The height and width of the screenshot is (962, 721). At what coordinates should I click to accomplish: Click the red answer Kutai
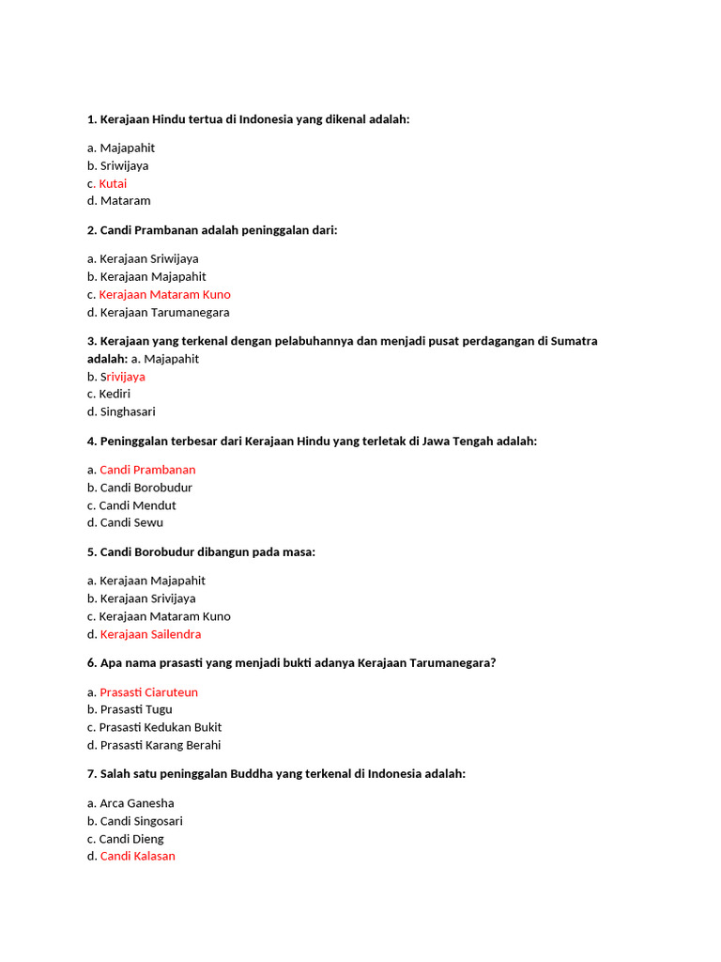point(113,183)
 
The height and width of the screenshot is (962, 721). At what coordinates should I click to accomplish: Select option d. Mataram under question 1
point(125,200)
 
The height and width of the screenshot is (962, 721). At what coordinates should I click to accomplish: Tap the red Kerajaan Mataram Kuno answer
point(164,294)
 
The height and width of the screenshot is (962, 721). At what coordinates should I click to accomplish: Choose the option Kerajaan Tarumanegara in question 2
point(164,312)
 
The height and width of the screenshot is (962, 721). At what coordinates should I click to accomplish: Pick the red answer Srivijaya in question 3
point(122,377)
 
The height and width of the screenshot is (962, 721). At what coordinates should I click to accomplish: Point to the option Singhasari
point(128,411)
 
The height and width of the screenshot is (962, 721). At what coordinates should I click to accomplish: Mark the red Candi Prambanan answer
point(147,470)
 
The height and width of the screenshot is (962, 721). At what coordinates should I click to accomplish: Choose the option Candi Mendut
point(137,505)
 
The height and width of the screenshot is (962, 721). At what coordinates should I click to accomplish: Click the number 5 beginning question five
point(91,551)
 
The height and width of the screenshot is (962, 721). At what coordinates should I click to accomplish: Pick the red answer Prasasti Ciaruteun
point(148,692)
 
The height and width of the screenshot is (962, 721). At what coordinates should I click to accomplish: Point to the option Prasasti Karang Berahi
point(161,745)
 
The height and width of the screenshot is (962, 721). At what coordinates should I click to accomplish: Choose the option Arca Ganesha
point(137,803)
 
